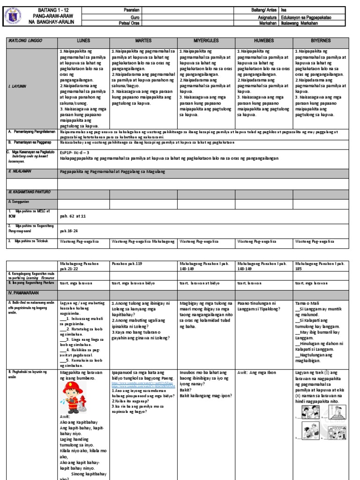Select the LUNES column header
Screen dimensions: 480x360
[x=83, y=41]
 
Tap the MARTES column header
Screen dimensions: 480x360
[x=143, y=41]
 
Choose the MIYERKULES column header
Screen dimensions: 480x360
[x=206, y=41]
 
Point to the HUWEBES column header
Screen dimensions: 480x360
[x=263, y=41]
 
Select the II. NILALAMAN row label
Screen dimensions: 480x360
[x=20, y=172]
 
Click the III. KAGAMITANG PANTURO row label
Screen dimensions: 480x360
[x=29, y=192]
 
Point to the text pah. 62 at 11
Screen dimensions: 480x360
[x=73, y=217]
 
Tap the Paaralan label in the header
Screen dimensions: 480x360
[x=126, y=10]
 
